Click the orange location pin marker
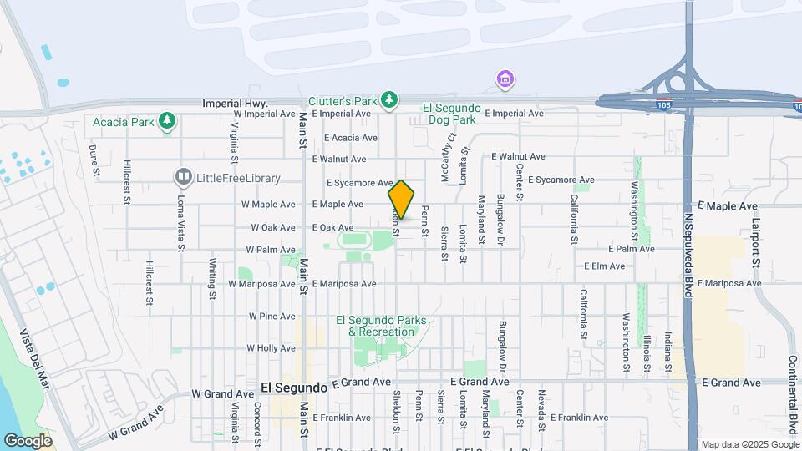(401, 199)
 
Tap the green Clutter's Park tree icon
(388, 100)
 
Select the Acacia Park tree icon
(168, 122)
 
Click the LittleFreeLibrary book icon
(183, 177)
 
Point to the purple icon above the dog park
(505, 80)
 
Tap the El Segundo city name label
(293, 388)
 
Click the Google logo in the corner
(28, 440)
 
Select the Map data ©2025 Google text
(749, 444)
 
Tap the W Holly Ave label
(272, 348)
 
